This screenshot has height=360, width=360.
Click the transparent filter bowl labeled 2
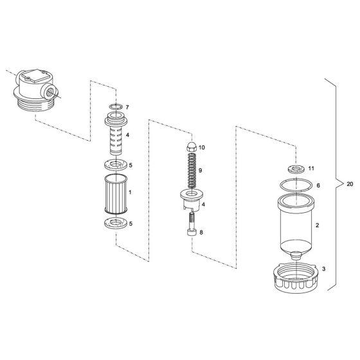click(296, 225)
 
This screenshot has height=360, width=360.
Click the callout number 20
click(349, 184)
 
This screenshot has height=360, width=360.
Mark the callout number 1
click(130, 192)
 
